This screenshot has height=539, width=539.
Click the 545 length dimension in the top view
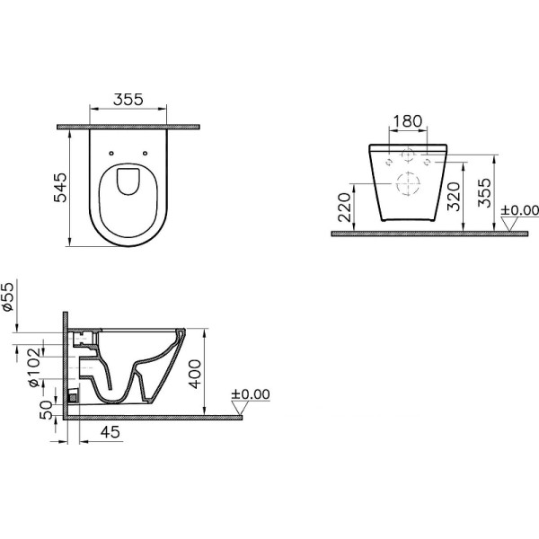click(x=60, y=188)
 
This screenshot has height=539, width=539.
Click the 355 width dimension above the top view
click(x=128, y=100)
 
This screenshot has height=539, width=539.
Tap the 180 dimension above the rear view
click(x=408, y=121)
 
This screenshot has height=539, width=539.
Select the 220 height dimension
click(x=344, y=207)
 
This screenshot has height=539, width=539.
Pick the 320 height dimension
click(x=454, y=197)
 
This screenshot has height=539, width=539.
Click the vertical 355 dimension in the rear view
click(x=485, y=192)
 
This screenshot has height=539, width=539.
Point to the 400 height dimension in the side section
click(x=195, y=374)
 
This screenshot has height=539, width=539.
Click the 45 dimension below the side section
click(x=110, y=432)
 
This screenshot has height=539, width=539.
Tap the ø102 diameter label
click(x=35, y=367)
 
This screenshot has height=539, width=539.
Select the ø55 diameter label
click(x=8, y=296)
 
